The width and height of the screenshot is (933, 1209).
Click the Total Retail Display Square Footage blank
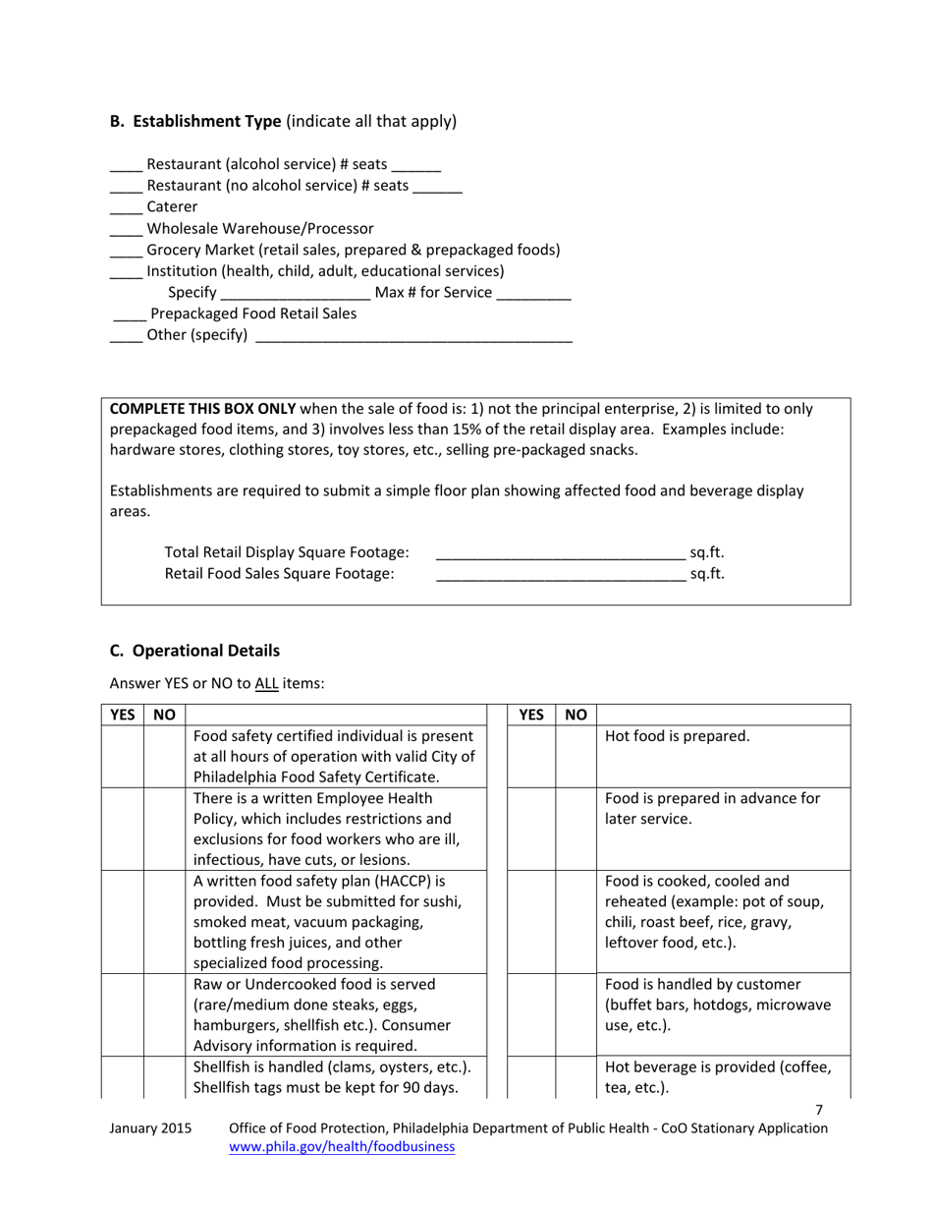(x=560, y=554)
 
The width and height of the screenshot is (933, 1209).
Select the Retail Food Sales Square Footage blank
(x=560, y=576)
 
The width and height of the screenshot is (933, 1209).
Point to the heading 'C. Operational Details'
(x=194, y=651)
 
